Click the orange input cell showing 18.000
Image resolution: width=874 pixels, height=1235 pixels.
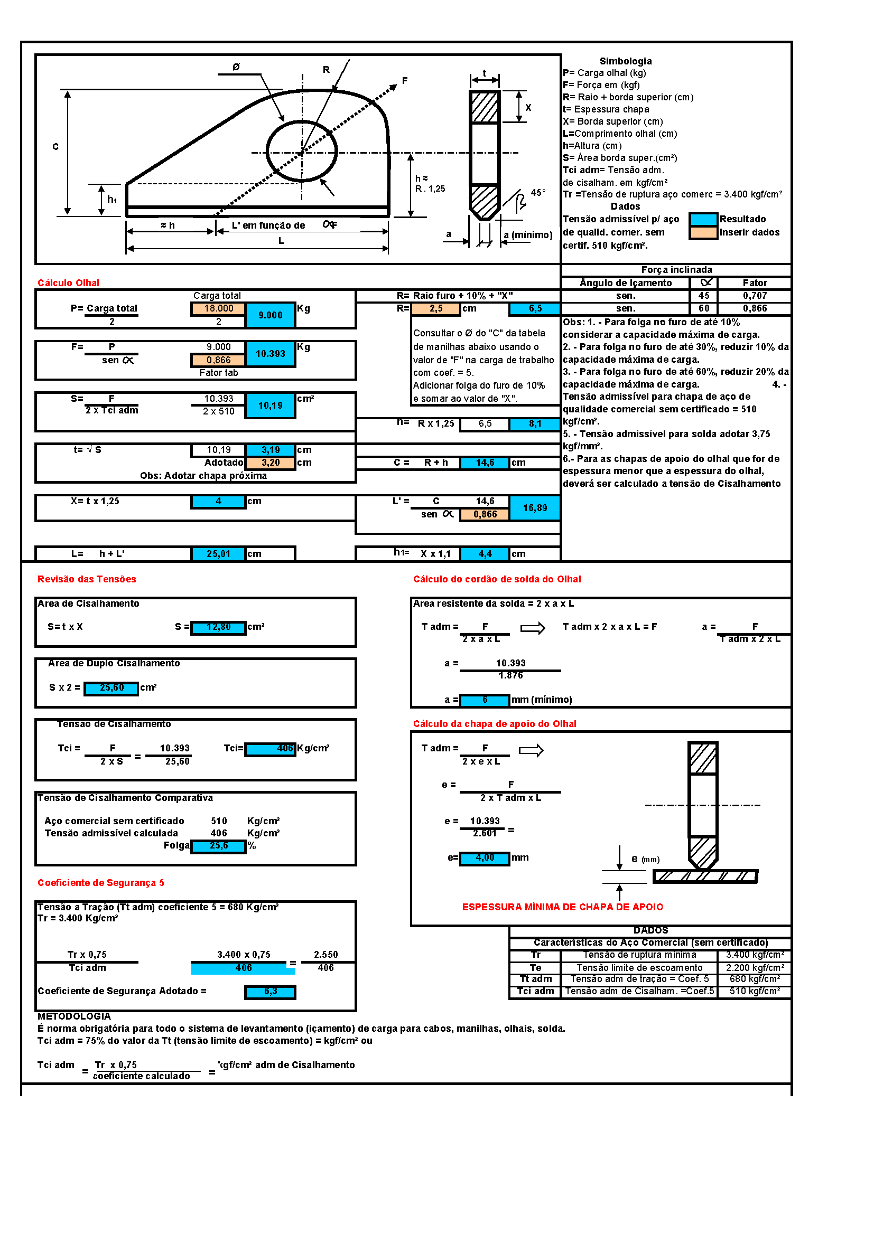(x=219, y=309)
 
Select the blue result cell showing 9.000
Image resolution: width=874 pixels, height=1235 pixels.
(x=270, y=315)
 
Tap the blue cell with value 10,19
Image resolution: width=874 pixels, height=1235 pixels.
(x=270, y=406)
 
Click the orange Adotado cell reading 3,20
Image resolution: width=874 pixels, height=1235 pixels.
(x=270, y=463)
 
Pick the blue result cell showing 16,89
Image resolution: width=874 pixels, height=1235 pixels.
(x=534, y=508)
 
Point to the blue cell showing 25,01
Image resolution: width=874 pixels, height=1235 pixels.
(x=219, y=553)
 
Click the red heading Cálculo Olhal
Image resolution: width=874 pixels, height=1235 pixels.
(x=68, y=283)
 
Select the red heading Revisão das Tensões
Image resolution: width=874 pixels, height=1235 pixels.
(x=87, y=579)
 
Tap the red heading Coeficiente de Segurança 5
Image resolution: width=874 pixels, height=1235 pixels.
(x=100, y=883)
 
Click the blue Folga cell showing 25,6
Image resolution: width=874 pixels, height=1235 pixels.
(x=219, y=846)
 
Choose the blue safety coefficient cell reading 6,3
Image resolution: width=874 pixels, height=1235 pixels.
(x=270, y=992)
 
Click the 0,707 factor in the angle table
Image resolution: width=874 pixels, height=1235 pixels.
(x=755, y=296)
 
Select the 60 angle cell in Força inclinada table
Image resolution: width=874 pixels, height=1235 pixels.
(x=704, y=309)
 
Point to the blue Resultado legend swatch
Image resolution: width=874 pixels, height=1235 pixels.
(x=703, y=220)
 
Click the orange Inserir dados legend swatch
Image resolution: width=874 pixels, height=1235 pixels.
(x=703, y=232)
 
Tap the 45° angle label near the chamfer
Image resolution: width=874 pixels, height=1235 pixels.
(x=537, y=193)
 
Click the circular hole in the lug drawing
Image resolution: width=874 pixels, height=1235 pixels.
(x=302, y=152)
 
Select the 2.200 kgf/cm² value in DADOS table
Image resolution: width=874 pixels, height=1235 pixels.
(x=755, y=968)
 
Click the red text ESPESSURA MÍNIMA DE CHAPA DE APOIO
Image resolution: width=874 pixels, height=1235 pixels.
(x=562, y=907)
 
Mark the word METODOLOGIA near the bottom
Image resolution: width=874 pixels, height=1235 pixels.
(x=75, y=1016)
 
